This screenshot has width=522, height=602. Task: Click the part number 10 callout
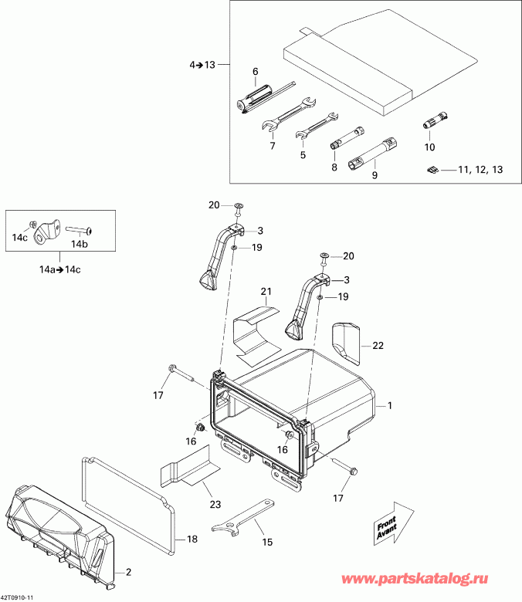(430, 147)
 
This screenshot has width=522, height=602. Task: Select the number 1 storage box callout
(390, 404)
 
